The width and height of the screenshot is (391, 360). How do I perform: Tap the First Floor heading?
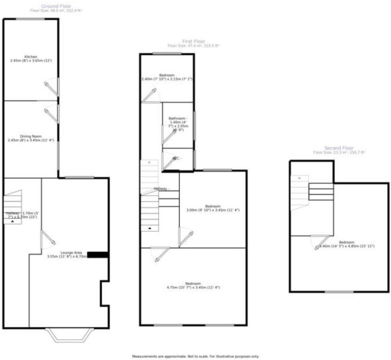click(x=193, y=41)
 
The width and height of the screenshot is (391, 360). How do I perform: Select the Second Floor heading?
click(x=339, y=148)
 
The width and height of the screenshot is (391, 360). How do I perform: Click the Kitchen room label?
click(x=31, y=57)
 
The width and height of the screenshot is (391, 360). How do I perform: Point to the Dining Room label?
click(x=31, y=136)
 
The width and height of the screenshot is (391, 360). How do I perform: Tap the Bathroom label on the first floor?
click(x=178, y=118)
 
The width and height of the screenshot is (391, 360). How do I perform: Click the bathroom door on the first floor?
click(x=168, y=137)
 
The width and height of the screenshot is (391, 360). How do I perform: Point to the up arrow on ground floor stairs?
click(x=13, y=221)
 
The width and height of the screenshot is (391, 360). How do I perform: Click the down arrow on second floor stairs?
click(x=299, y=178)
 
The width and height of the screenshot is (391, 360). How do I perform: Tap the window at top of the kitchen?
click(x=30, y=19)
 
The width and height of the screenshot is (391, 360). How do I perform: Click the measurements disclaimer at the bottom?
click(x=195, y=357)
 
